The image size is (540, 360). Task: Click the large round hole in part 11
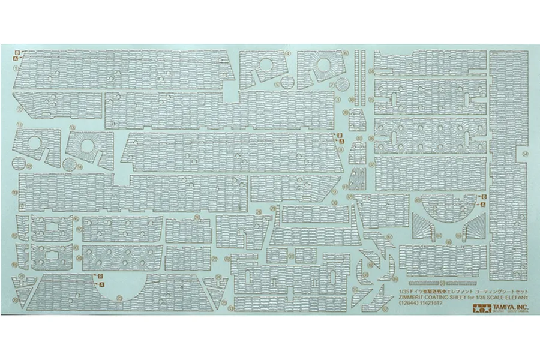pos(35,143)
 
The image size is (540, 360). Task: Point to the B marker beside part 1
pos(17,52)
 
